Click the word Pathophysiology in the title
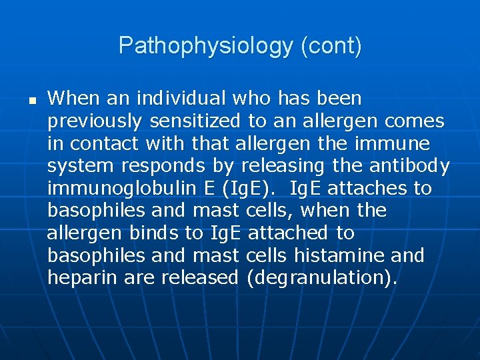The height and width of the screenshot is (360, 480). [x=206, y=46]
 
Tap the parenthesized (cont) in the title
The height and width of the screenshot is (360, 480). [x=331, y=46]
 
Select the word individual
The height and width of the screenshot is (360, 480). [x=181, y=99]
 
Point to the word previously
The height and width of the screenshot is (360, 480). [x=95, y=121]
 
